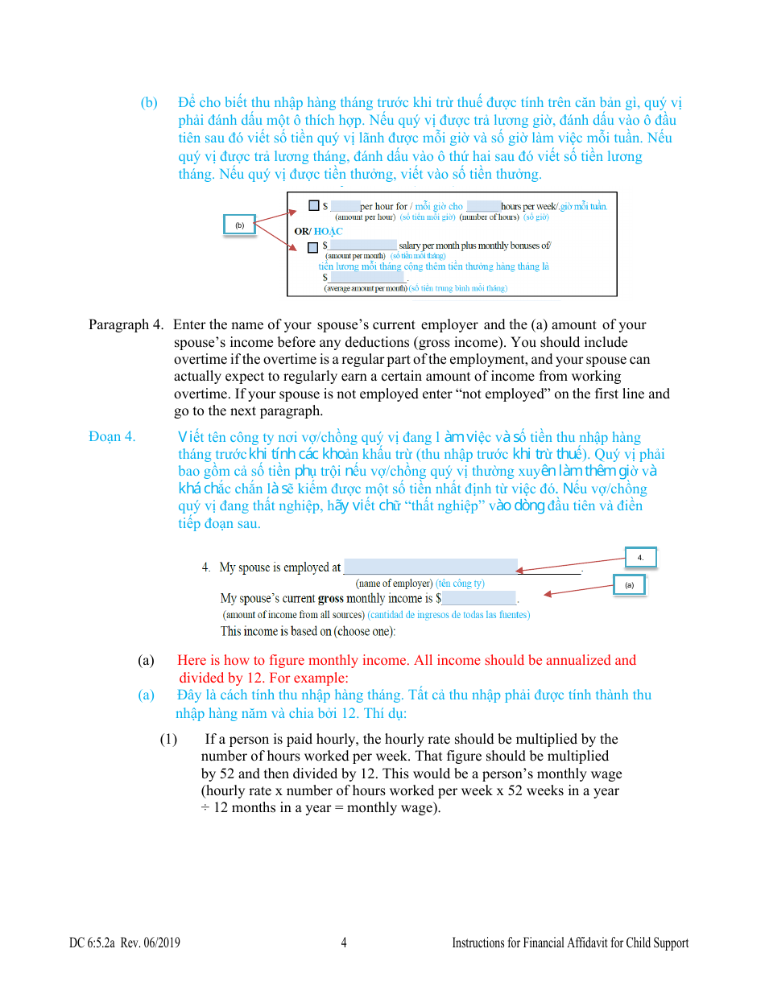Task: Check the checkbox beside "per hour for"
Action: [x=313, y=206]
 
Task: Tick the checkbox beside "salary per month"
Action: [x=312, y=246]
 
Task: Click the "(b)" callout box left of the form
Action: [x=239, y=225]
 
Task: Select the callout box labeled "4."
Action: [x=640, y=557]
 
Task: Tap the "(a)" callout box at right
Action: [x=629, y=585]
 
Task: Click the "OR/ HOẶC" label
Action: [x=318, y=231]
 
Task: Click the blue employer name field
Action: [x=430, y=567]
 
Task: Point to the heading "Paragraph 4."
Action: [x=125, y=325]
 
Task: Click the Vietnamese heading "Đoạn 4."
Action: [x=112, y=437]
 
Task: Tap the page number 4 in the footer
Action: [x=344, y=943]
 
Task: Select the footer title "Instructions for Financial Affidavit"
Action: [x=569, y=943]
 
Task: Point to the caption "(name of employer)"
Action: [x=394, y=583]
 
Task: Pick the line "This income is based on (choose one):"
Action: [x=308, y=631]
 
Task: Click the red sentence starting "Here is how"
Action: [x=407, y=661]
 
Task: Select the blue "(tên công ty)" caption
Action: [x=461, y=583]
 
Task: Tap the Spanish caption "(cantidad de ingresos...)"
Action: [x=449, y=615]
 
